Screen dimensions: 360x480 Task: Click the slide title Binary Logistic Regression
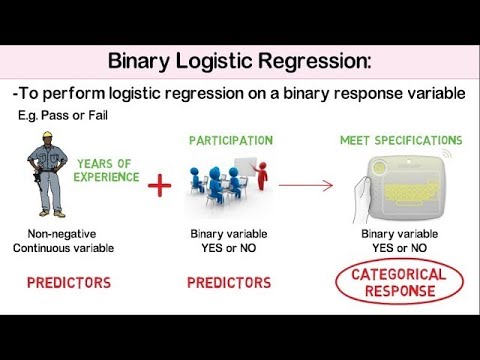239,62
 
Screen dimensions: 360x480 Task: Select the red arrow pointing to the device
305,184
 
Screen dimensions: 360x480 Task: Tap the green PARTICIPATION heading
230,140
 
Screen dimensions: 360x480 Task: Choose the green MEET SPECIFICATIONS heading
401,140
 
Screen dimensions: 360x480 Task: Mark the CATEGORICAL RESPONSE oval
400,283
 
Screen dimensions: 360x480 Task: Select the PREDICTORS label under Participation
229,283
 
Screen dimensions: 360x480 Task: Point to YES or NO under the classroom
229,248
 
